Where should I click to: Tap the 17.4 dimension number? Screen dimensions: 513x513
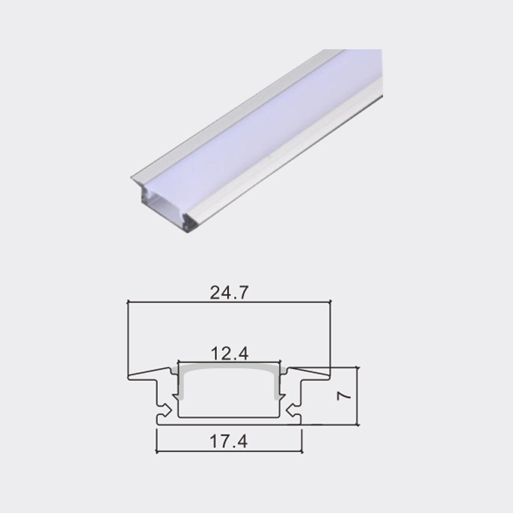pos(229,442)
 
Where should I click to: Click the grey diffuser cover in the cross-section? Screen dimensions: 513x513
pos(229,369)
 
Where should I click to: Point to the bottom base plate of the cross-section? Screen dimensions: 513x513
pos(229,421)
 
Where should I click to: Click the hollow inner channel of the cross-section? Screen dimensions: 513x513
pos(229,397)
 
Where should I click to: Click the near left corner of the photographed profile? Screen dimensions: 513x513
pos(133,179)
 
